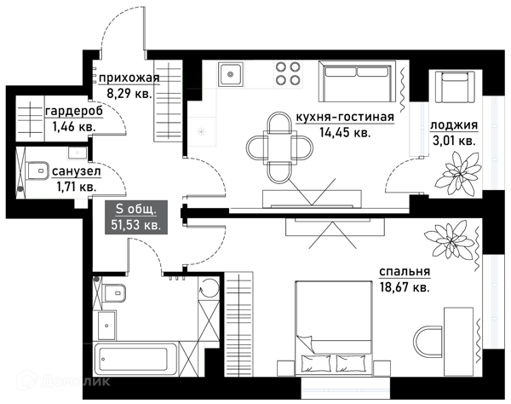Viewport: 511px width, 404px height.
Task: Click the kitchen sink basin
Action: (231, 74)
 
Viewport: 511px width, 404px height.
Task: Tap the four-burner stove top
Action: (288, 73)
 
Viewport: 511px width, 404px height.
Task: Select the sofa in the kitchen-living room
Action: (358, 81)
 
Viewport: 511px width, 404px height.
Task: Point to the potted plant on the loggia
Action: (458, 174)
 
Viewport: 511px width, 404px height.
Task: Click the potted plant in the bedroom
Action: (451, 240)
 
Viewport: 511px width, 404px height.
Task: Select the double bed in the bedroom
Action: (333, 327)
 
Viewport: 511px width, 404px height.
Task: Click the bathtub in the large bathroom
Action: (135, 359)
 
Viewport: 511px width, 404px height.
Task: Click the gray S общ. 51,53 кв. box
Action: (136, 217)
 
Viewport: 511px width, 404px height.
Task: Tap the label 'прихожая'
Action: (129, 78)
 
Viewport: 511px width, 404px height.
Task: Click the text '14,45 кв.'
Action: (345, 132)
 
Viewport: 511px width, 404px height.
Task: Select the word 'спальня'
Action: (405, 272)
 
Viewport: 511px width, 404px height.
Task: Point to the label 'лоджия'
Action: (454, 125)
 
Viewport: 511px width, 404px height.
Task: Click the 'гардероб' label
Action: (74, 111)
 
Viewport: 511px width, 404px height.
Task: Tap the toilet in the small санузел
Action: (37, 170)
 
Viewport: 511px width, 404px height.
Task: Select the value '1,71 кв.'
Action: (77, 187)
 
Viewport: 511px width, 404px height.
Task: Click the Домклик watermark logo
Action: (64, 380)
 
